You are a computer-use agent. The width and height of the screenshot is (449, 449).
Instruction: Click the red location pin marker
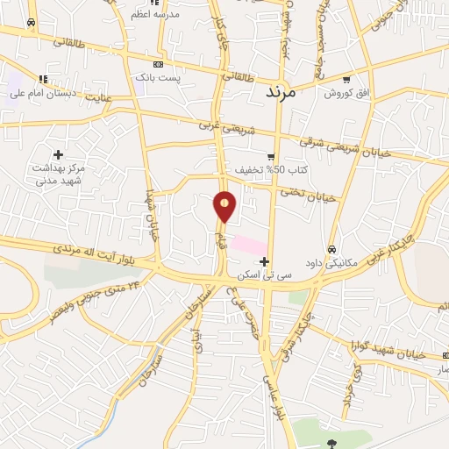224,207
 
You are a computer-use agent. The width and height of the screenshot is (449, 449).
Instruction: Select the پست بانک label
157,78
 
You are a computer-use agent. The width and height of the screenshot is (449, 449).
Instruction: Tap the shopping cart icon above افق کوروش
346,79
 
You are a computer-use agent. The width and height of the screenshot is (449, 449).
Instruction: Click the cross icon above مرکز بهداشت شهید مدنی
58,154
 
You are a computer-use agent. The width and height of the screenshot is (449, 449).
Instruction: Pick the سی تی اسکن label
263,274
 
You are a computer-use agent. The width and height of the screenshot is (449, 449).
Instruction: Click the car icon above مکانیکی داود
331,248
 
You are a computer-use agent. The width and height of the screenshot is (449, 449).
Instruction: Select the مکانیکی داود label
331,262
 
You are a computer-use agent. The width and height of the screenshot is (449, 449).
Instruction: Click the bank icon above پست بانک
157,64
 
